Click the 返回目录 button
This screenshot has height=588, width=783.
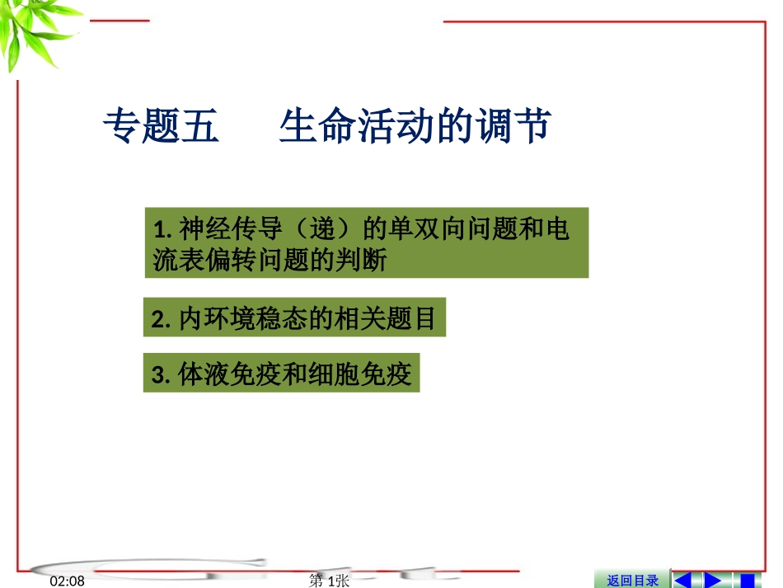[632, 581]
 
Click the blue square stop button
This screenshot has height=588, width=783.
[747, 581]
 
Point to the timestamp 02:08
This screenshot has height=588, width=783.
[68, 581]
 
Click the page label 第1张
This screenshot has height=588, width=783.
[329, 581]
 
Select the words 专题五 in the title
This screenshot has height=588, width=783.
[161, 128]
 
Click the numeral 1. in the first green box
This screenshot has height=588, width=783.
[162, 229]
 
